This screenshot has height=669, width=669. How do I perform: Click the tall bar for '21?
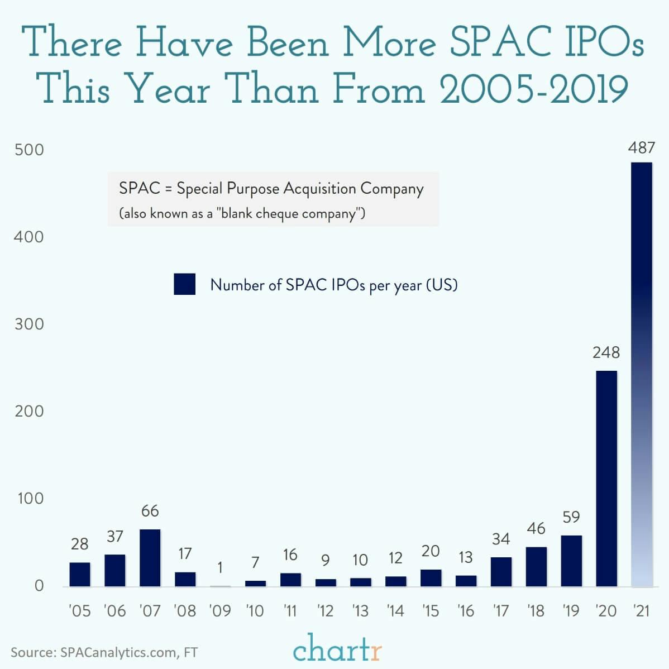pos(641,374)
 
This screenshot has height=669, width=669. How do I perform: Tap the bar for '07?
pos(150,558)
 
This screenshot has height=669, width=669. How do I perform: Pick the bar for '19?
pos(571,561)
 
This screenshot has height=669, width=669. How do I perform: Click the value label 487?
pos(641,148)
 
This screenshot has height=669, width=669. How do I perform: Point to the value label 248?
pos(606,352)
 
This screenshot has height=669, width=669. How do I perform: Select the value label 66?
pos(150,510)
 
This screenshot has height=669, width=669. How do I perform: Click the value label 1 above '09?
pos(220,567)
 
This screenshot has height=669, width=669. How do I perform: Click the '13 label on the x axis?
pos(360,611)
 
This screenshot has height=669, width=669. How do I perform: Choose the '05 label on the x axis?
pos(79,611)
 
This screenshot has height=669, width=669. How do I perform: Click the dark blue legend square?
pos(184,284)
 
